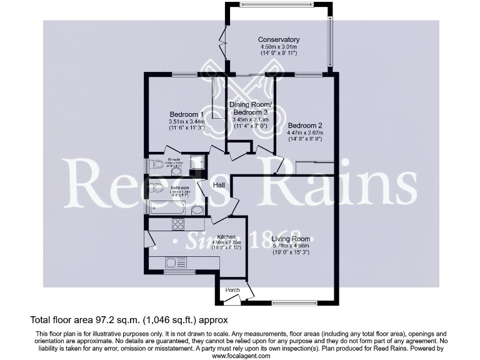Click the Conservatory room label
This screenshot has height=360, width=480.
[279, 40]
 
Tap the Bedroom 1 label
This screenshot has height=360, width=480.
[186, 114]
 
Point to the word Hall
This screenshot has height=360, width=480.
[219, 186]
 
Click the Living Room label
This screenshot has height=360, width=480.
[291, 238]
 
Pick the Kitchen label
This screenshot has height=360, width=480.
[226, 237]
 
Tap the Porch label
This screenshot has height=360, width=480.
[232, 290]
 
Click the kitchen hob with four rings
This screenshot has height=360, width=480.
[177, 224]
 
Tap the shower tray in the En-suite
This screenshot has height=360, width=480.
[197, 162]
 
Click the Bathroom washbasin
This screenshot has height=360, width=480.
[197, 209]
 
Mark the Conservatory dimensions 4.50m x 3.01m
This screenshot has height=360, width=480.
[279, 47]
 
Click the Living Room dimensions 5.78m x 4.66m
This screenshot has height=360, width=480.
[291, 246]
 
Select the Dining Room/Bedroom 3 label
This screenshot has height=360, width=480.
[251, 107]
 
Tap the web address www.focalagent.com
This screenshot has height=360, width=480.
[241, 356]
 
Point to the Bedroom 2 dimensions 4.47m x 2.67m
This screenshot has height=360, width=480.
[304, 132]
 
